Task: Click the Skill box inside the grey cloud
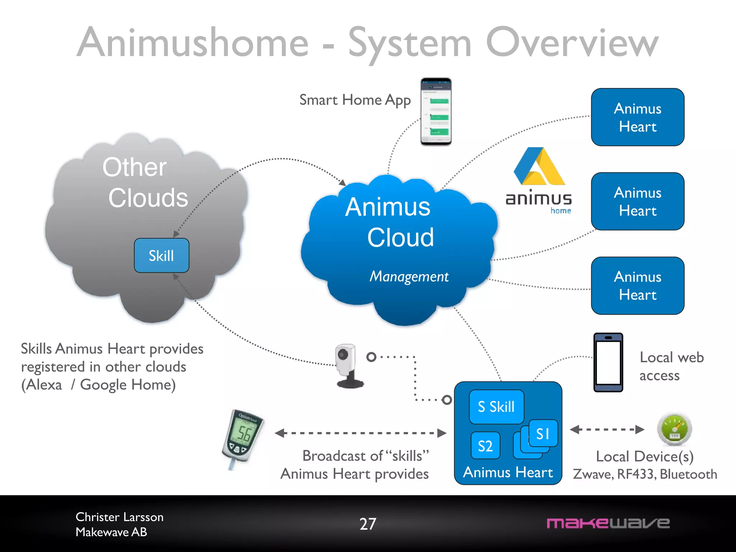pyautogui.click(x=161, y=256)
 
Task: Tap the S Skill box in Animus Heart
pyautogui.click(x=496, y=407)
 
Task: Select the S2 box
pyautogui.click(x=485, y=446)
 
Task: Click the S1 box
pyautogui.click(x=543, y=433)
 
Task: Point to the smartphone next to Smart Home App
pyautogui.click(x=436, y=112)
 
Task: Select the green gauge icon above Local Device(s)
pyautogui.click(x=675, y=429)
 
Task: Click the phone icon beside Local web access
pyautogui.click(x=608, y=362)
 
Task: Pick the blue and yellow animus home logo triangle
pyautogui.click(x=539, y=167)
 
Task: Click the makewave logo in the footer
pyautogui.click(x=608, y=523)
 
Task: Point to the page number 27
pyautogui.click(x=368, y=524)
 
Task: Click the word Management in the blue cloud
pyautogui.click(x=409, y=276)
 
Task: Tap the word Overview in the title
pyautogui.click(x=572, y=43)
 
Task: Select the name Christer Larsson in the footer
pyautogui.click(x=119, y=517)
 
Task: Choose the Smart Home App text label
pyautogui.click(x=355, y=100)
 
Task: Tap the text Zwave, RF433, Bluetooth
pyautogui.click(x=645, y=474)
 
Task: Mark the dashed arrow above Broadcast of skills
pyautogui.click(x=360, y=433)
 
